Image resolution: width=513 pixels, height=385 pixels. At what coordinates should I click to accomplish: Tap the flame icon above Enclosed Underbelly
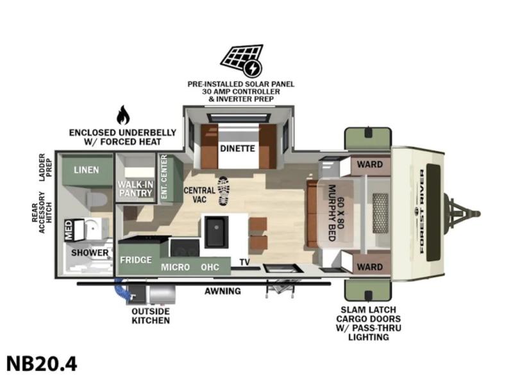tap(123, 116)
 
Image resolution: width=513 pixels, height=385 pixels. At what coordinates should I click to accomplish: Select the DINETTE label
tap(237, 149)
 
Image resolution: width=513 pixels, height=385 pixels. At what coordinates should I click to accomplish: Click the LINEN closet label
tap(87, 170)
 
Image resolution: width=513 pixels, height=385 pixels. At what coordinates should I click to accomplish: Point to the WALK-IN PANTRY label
tap(135, 189)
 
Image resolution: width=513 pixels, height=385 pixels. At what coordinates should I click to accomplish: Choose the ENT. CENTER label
tap(164, 177)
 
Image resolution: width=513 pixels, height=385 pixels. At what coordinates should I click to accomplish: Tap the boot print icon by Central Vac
tap(223, 191)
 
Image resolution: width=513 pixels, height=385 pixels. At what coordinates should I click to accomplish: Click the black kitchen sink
tap(216, 232)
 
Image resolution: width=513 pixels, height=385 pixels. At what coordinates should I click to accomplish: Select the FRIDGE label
tap(136, 260)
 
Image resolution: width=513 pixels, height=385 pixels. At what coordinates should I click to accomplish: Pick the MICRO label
tap(175, 267)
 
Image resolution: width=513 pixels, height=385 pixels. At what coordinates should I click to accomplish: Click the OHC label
tap(210, 267)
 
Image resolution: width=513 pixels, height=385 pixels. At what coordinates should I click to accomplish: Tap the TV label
tap(244, 262)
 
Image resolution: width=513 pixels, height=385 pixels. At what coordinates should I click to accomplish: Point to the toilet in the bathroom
tap(97, 199)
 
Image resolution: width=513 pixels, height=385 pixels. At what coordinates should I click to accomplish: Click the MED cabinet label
tap(69, 230)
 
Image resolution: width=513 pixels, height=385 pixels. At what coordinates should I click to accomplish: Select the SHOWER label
tap(90, 253)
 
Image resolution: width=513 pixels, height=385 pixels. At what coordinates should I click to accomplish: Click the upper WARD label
tap(370, 164)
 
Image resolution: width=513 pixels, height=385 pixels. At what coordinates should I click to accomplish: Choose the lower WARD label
tap(370, 267)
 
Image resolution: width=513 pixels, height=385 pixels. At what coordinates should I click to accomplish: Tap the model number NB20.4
tap(42, 364)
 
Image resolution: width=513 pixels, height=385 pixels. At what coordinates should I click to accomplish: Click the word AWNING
tap(223, 291)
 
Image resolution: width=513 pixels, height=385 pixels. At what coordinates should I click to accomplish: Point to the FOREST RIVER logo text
tap(422, 212)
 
